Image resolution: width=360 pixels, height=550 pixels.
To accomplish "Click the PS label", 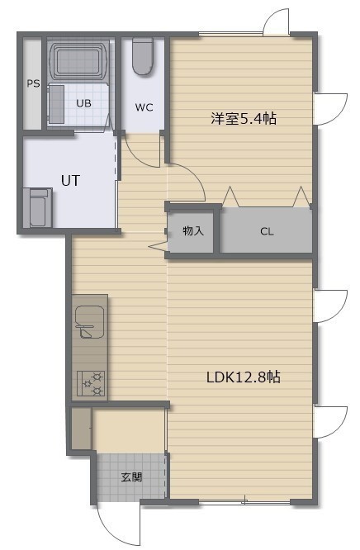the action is coord(33,84).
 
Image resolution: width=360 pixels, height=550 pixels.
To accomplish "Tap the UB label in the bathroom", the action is coord(84,103).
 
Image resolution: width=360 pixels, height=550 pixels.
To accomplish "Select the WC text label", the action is coord(144,107).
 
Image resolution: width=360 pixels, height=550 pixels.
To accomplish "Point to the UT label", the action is coord(70,181).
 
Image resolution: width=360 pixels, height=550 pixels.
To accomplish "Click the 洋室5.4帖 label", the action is coord(243,119).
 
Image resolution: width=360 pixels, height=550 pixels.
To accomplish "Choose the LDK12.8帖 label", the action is coord(243,377).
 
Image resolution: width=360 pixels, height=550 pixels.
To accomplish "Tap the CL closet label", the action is coord(267,231).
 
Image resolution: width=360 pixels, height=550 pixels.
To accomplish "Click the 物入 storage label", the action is coord(193,230).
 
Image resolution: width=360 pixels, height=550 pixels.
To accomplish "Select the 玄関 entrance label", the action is coord(131,477).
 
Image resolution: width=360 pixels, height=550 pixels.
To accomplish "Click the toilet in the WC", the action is coord(143,56).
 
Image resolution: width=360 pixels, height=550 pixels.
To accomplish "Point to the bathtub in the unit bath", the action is coord(78,61).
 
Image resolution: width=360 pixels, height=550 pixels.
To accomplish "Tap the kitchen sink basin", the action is coord(89,322).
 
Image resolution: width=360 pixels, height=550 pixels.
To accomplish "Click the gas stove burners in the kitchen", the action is coord(91,384).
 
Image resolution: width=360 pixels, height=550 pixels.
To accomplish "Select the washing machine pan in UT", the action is coord(38,207).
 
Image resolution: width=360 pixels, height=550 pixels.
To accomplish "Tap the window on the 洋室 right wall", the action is coord(330,109).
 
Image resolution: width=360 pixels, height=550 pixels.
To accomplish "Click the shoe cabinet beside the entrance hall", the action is coord(82,428).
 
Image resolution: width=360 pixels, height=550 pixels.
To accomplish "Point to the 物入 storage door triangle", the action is coord(158,245).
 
